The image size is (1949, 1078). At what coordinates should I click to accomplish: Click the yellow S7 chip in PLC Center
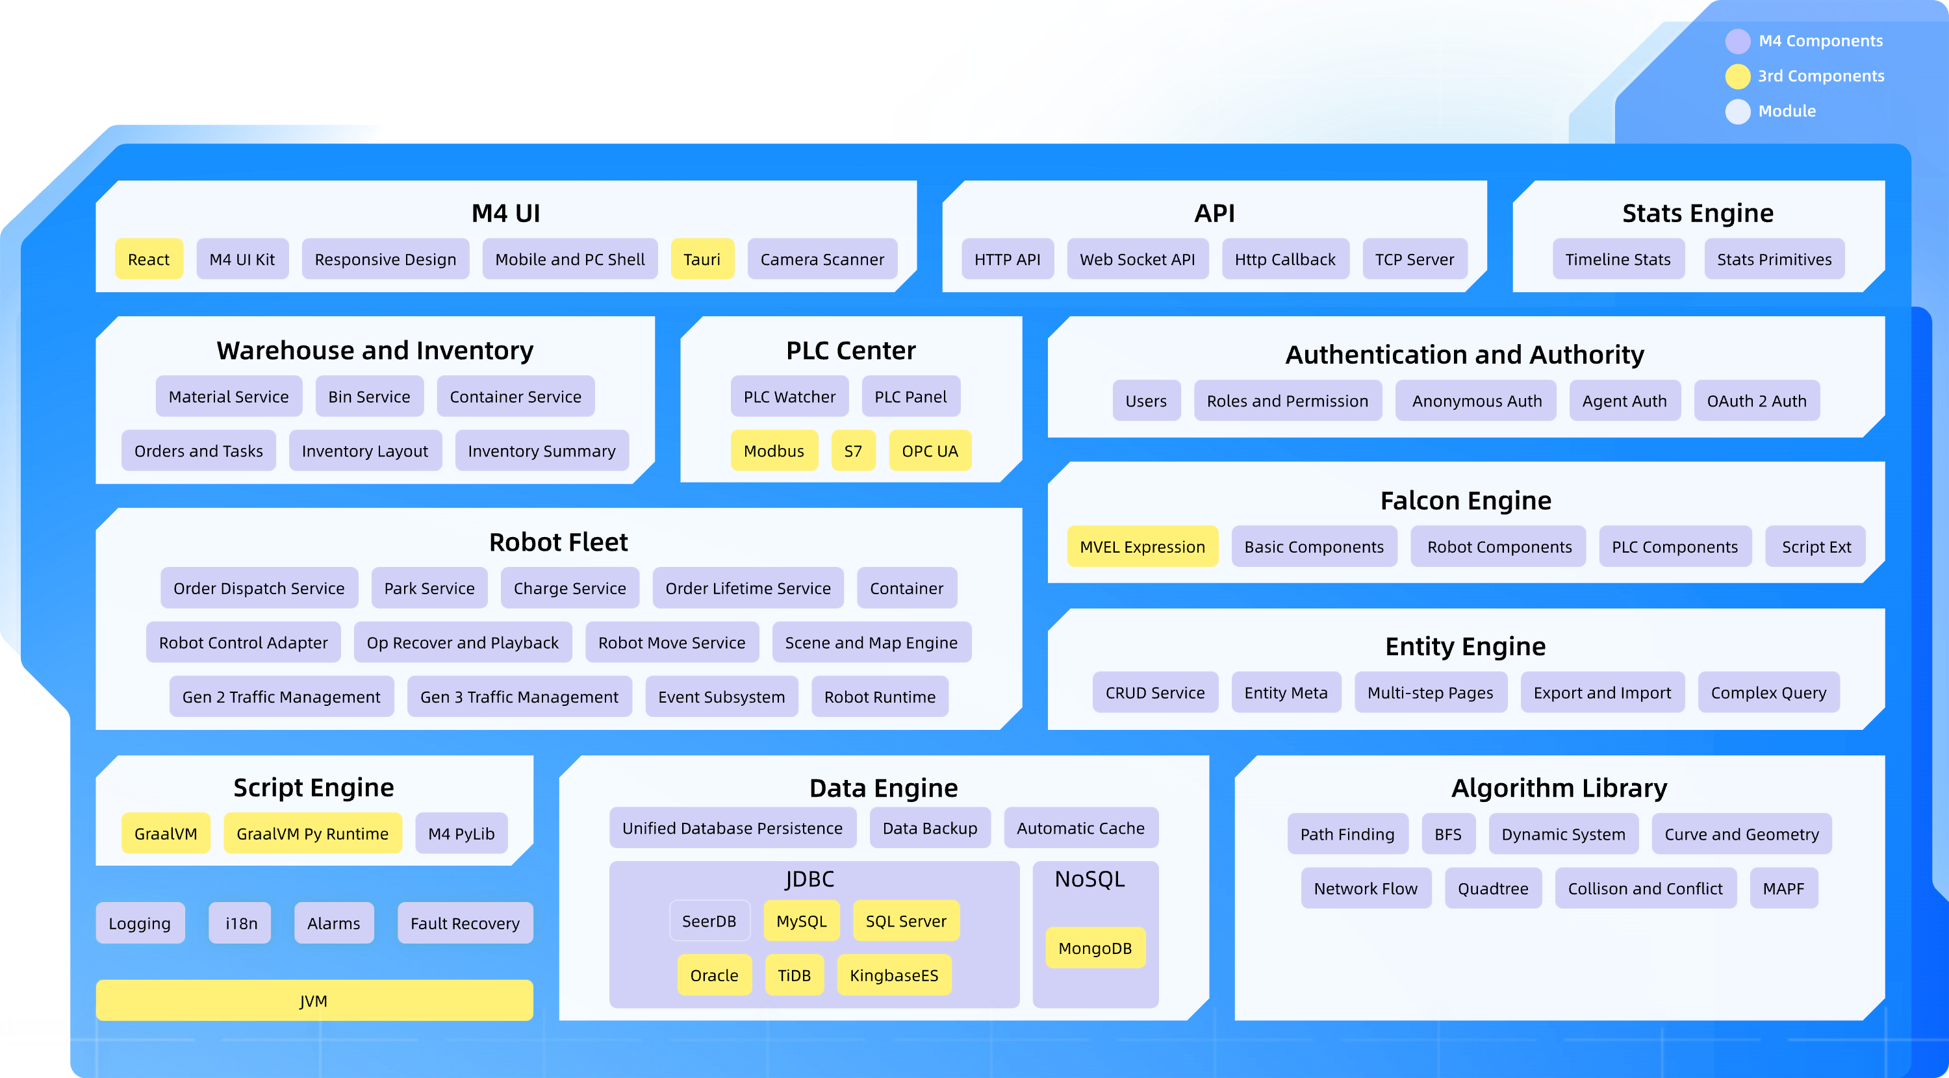(x=852, y=451)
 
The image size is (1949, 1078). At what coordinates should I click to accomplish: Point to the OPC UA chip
(x=929, y=451)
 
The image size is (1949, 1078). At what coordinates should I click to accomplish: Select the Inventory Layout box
(x=364, y=451)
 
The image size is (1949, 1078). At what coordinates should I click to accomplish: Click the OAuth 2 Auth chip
(x=1756, y=401)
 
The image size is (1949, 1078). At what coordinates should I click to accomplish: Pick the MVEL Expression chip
(x=1141, y=547)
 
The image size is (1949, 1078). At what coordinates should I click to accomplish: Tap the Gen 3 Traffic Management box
(x=519, y=697)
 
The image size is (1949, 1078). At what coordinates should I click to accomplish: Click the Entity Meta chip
(x=1286, y=693)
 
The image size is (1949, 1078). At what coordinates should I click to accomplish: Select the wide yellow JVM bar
(x=314, y=1001)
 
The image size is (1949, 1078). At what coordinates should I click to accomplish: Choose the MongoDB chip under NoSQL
(x=1094, y=948)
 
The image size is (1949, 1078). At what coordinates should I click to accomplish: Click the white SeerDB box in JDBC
(x=709, y=921)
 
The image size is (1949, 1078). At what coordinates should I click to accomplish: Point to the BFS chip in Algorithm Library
(x=1447, y=834)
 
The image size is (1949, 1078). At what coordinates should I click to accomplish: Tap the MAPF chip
(x=1783, y=889)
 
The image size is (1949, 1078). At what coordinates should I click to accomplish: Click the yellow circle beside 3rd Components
(x=1737, y=75)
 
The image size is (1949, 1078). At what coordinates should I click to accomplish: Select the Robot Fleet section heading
(x=558, y=542)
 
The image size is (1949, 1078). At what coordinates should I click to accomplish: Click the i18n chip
(x=240, y=923)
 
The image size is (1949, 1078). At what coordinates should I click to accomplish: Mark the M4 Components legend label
(x=1820, y=41)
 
